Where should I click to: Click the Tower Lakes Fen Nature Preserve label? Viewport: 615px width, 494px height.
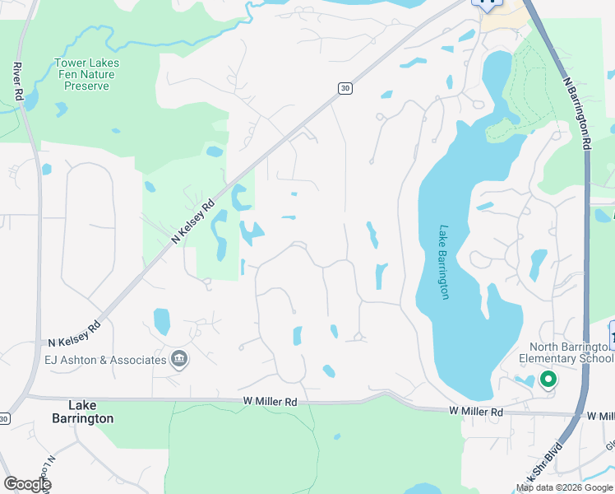click(x=86, y=74)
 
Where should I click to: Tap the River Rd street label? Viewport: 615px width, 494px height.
click(x=17, y=81)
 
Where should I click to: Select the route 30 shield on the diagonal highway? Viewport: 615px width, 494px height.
click(x=344, y=88)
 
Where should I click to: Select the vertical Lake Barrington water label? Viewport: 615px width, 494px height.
click(x=445, y=262)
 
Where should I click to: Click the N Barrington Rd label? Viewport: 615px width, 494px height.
click(x=578, y=114)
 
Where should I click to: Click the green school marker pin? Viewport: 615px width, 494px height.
click(x=548, y=380)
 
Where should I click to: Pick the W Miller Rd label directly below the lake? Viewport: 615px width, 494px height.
click(x=476, y=411)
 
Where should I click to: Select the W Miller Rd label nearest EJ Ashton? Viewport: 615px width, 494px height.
click(x=270, y=401)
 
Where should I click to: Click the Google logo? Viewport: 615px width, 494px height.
click(x=26, y=484)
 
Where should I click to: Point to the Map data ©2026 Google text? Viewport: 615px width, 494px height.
click(x=564, y=487)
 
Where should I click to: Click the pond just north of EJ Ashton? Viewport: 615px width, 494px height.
click(x=161, y=319)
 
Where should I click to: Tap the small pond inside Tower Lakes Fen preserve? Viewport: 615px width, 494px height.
click(x=60, y=108)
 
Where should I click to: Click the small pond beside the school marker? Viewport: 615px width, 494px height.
click(x=523, y=380)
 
